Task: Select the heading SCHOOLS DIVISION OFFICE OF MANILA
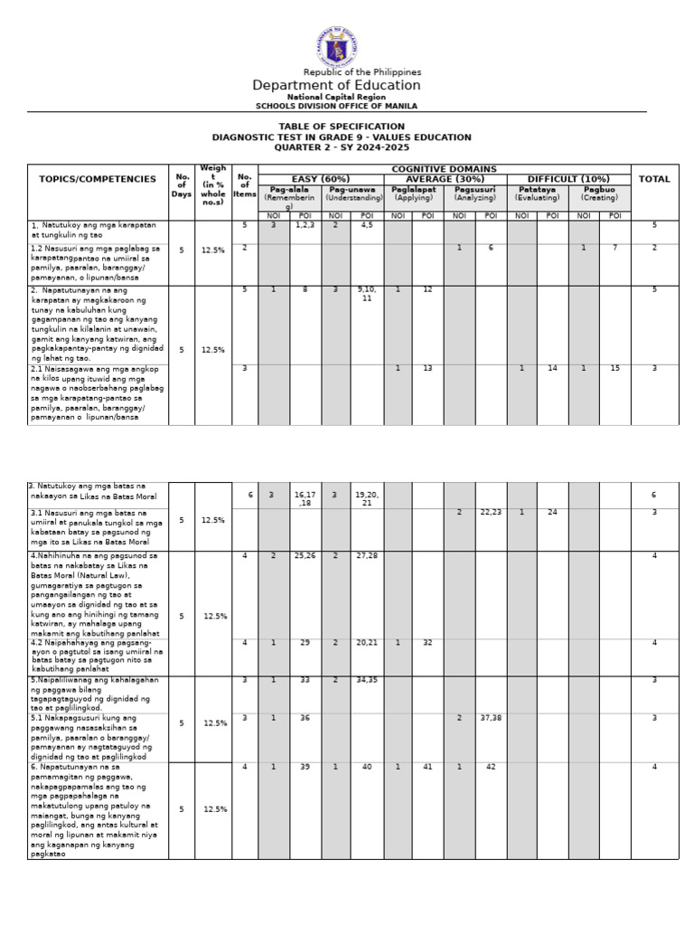336,106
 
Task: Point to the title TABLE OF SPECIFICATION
342,127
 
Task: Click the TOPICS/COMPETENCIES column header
98,179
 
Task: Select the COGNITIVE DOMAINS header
444,169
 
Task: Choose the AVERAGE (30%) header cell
445,179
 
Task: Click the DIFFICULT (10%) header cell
568,179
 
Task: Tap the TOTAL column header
654,179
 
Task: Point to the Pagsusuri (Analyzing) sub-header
475,194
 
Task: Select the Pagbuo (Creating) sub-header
599,194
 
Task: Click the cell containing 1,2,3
305,225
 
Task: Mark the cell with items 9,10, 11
367,294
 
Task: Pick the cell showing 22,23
491,512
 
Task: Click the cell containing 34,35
367,680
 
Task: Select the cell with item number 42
491,767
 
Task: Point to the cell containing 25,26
305,555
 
